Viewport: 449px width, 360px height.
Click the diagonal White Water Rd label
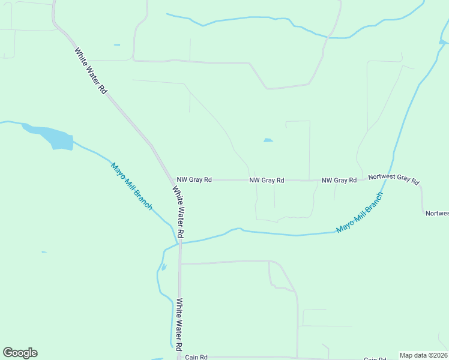[x=91, y=70]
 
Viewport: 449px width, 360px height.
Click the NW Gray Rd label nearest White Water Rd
[x=194, y=179]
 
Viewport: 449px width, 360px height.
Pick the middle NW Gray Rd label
[x=267, y=179]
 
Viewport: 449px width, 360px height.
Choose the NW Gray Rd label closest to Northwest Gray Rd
[x=339, y=180]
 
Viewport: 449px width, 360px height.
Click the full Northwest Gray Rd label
[x=394, y=179]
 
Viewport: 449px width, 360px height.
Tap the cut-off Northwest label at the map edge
[x=437, y=213]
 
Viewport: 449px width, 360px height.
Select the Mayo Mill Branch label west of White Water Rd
[x=131, y=185]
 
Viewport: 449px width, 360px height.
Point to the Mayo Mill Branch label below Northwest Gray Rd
[x=360, y=213]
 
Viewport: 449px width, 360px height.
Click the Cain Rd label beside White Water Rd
[x=196, y=357]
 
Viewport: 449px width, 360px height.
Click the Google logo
[x=20, y=353]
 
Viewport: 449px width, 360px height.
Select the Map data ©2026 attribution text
[x=423, y=355]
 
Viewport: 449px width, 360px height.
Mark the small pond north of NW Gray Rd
[x=268, y=140]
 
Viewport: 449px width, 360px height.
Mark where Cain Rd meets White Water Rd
[x=179, y=356]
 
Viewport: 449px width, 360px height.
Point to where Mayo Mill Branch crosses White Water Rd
[x=179, y=242]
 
